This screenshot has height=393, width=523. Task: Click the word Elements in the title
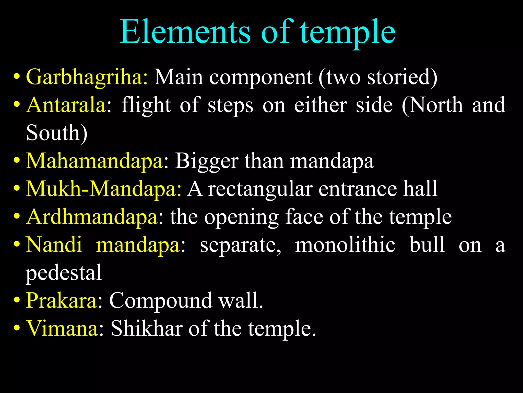[185, 32]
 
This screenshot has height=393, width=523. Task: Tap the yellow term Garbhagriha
[86, 77]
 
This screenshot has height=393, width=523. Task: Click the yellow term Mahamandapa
[94, 161]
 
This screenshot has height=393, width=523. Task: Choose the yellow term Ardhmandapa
[92, 217]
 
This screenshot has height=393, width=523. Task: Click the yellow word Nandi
[54, 245]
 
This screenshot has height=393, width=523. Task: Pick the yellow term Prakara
[61, 300]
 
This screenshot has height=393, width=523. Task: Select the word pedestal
[64, 273]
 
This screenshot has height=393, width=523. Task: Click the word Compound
[160, 300]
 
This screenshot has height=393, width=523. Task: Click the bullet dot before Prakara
[17, 300]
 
